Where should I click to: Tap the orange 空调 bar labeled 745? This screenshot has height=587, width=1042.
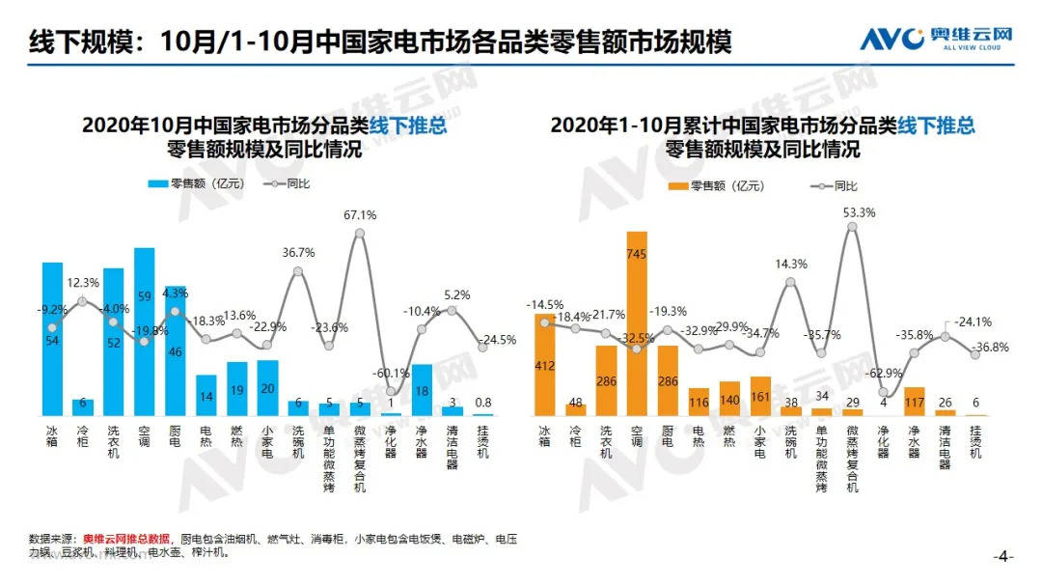pos(637,323)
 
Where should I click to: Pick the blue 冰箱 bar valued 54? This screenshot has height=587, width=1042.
pos(52,338)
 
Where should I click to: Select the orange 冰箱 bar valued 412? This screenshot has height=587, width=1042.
pos(544,364)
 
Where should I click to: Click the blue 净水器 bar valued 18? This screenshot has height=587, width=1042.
pos(422,390)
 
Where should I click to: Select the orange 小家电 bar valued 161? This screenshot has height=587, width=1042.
pos(760,396)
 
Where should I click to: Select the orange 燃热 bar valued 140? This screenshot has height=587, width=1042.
pos(729,398)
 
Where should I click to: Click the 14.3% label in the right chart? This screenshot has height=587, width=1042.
pos(790,264)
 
